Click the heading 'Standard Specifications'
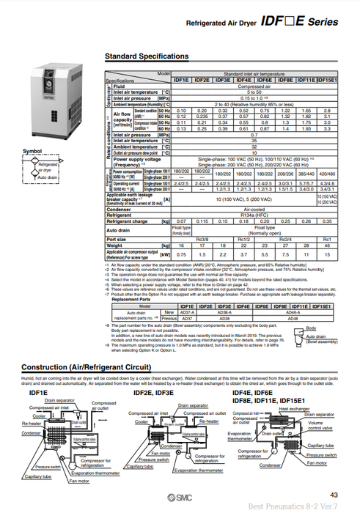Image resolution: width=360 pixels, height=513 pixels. [x=147, y=56]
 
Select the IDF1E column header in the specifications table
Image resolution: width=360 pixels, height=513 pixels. [x=186, y=80]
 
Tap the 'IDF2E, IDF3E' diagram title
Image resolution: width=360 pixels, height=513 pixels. [x=153, y=393]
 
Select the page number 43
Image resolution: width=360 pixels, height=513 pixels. [x=334, y=495]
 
